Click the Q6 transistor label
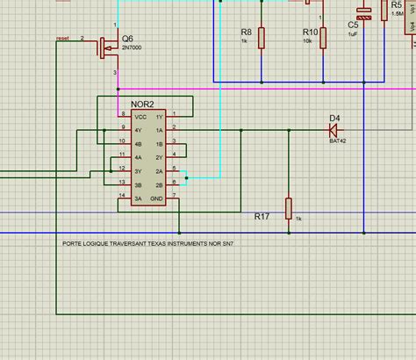(x=128, y=39)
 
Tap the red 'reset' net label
(x=62, y=39)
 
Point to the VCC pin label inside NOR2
(x=139, y=117)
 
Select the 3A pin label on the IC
(x=137, y=199)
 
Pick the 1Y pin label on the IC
(x=159, y=117)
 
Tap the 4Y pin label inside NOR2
(x=137, y=130)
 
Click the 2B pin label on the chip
(x=159, y=185)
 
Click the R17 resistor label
(x=262, y=215)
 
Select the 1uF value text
(x=353, y=34)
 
